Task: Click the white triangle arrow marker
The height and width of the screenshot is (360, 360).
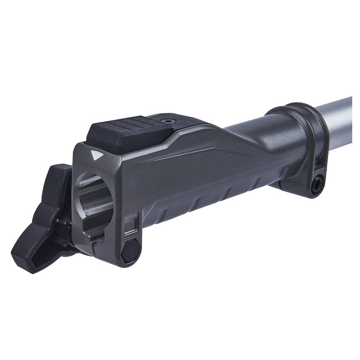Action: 94,154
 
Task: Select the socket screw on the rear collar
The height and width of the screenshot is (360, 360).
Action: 317,185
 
